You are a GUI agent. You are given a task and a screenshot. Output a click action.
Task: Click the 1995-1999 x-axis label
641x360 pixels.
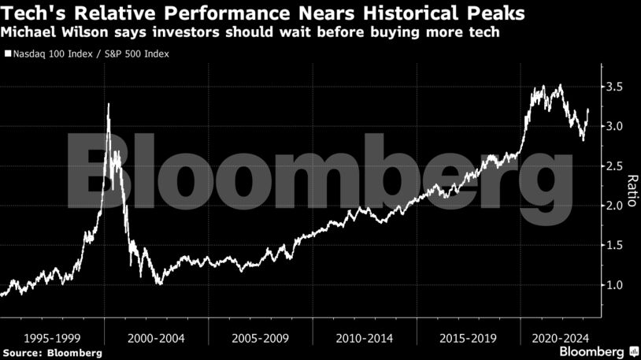tap(52, 337)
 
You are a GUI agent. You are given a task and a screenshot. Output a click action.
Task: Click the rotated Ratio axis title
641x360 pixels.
tap(631, 186)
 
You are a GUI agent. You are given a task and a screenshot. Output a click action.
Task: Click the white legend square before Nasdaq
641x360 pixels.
tap(7, 54)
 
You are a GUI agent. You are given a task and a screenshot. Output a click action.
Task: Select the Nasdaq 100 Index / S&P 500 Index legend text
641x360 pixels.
tap(91, 54)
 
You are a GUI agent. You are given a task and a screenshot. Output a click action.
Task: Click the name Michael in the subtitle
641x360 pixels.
tap(29, 33)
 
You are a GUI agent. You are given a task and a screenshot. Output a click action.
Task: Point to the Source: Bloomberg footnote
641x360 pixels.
tap(52, 352)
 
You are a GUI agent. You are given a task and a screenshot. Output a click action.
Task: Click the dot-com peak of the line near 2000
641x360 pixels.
tap(108, 104)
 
